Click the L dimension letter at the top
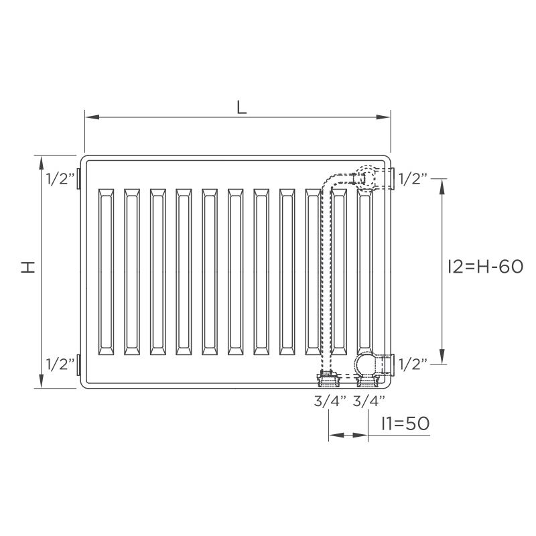tap(242, 108)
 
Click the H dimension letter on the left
tap(28, 267)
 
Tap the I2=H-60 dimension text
tap(485, 266)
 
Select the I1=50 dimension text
tap(406, 423)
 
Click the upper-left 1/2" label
tap(60, 179)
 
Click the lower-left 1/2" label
tap(60, 364)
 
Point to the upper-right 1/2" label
tap(413, 179)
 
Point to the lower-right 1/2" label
tap(413, 364)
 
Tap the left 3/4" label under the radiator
tap(330, 401)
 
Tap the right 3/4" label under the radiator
tap(369, 401)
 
